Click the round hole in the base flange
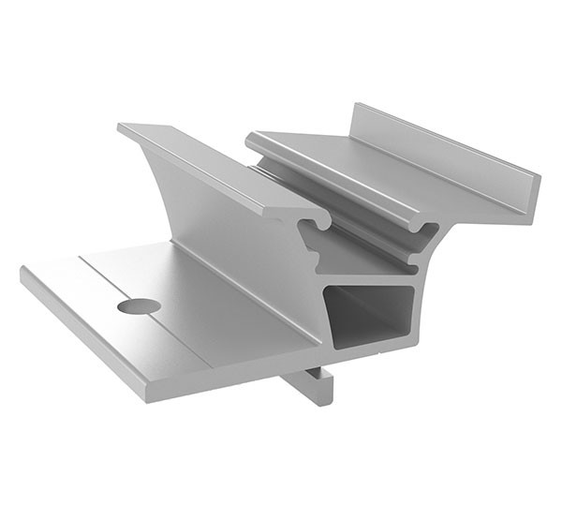(x=139, y=305)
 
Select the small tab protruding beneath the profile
(x=313, y=384)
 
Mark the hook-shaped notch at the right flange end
(x=427, y=231)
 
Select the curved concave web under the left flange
(x=215, y=225)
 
